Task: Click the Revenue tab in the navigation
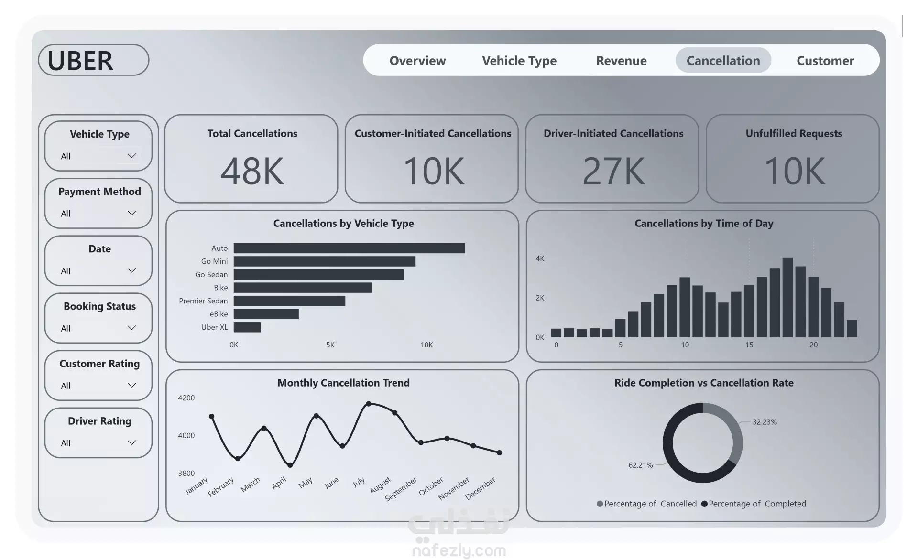[621, 61]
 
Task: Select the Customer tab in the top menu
[825, 61]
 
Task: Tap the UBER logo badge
[94, 60]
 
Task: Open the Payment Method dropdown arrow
[131, 213]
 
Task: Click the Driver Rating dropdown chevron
[131, 442]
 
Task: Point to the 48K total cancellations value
[252, 171]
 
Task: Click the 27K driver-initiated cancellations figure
[613, 171]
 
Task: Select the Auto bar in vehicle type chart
[349, 248]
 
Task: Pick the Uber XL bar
[247, 327]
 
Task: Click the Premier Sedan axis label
[203, 301]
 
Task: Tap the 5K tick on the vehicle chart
[330, 345]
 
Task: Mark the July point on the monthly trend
[369, 404]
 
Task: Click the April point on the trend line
[290, 465]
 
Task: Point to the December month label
[481, 488]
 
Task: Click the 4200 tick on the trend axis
[186, 398]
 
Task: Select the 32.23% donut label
[765, 422]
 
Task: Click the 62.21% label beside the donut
[640, 465]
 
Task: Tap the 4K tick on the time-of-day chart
[540, 258]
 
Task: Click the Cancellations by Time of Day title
[703, 224]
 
